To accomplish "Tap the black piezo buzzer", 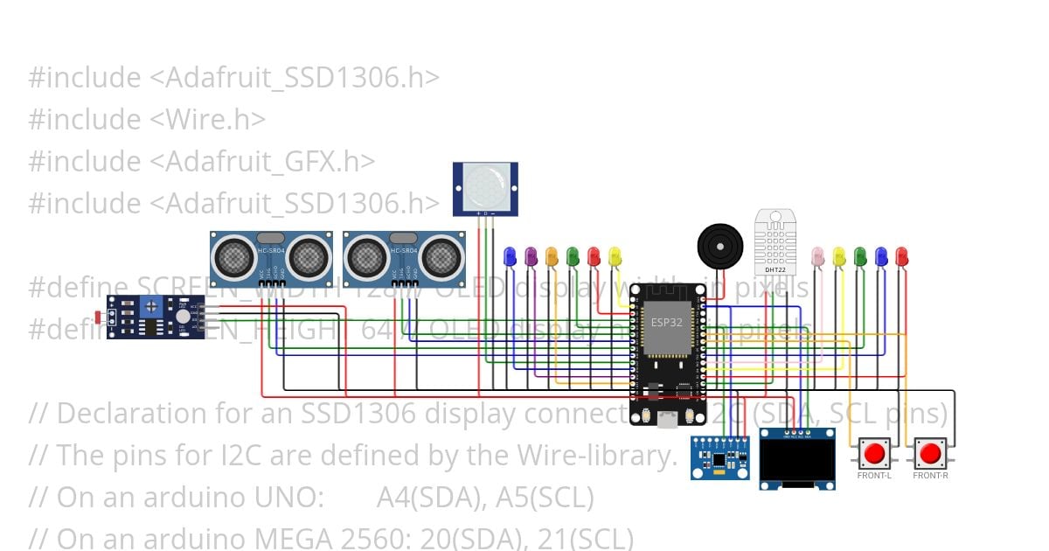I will tap(719, 244).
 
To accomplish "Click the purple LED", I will tap(531, 255).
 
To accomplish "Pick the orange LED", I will tap(552, 255).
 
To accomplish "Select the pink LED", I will tap(818, 255).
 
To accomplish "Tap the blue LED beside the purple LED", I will tap(510, 255).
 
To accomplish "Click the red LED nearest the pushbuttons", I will tap(902, 255).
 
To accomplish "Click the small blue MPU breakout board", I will tap(719, 457).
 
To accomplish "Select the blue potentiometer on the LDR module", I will tap(151, 306).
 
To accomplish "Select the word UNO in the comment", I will tap(293, 498).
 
